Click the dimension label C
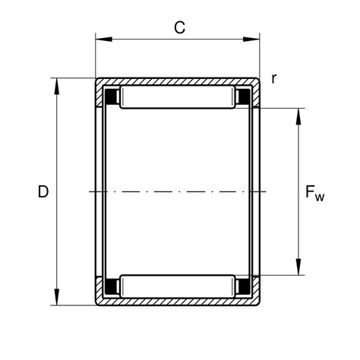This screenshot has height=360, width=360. point(179,28)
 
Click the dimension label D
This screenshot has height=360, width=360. point(43,192)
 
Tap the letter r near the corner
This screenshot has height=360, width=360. point(273,79)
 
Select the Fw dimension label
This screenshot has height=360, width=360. point(314,193)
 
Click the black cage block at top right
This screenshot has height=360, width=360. point(245,97)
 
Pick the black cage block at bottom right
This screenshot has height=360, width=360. point(245,286)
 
